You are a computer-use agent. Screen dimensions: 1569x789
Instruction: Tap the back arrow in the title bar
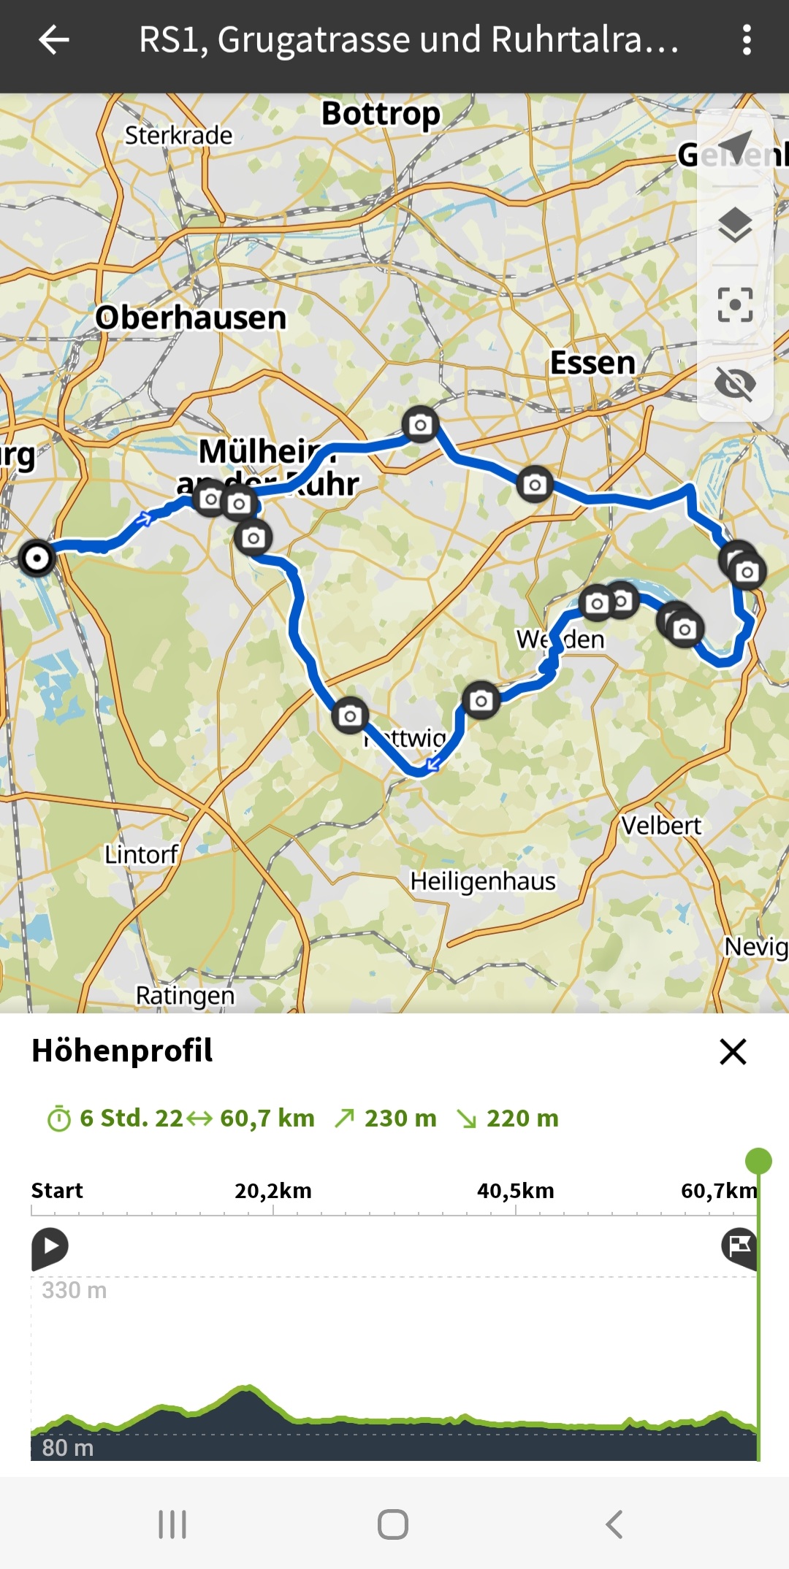click(x=53, y=39)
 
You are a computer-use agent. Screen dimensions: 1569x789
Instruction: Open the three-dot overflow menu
click(x=746, y=39)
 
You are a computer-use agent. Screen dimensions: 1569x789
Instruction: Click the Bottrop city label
click(x=381, y=114)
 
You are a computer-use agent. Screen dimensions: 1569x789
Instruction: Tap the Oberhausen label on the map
click(x=191, y=318)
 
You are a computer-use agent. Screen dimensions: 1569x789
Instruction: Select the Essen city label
click(x=592, y=363)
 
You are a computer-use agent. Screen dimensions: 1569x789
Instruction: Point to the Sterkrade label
click(x=178, y=135)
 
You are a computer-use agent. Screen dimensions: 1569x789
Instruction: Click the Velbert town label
click(x=660, y=826)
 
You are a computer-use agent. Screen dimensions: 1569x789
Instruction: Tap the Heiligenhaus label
click(x=483, y=881)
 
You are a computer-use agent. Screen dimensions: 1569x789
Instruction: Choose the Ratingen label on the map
click(x=186, y=995)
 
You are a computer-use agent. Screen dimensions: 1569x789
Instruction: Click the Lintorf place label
click(x=141, y=854)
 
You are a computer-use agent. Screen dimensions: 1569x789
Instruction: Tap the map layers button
click(x=735, y=225)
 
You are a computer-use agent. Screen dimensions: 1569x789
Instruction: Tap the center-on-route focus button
click(x=735, y=304)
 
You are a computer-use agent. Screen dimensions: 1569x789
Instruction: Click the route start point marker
click(x=37, y=559)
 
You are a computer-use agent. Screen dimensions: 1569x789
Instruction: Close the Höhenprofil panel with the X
click(x=733, y=1052)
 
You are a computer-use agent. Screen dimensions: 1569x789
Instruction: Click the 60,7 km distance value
click(x=267, y=1119)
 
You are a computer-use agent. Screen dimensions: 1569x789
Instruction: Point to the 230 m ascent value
click(x=400, y=1119)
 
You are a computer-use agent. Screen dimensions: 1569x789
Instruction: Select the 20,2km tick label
click(x=273, y=1191)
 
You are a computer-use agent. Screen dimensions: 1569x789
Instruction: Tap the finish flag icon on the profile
click(x=739, y=1246)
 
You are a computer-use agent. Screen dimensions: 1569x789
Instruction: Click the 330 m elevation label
click(x=75, y=1290)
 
